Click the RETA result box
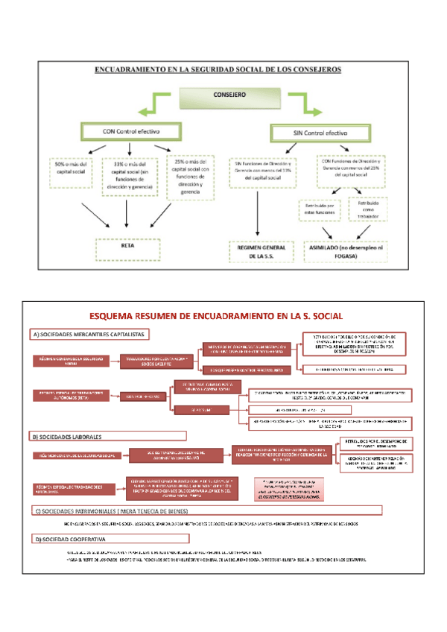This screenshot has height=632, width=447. coord(127,247)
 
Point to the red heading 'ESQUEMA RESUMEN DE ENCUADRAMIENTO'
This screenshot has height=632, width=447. coord(220,316)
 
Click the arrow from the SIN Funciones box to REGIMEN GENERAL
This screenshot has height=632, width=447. coord(257,214)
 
